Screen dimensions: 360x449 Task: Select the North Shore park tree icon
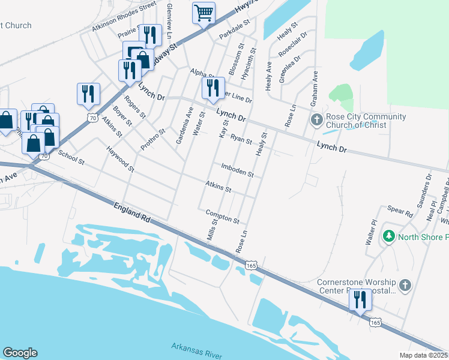pos(389,237)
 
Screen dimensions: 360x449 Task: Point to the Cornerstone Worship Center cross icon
pos(405,286)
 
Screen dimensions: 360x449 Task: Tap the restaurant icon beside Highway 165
pos(360,299)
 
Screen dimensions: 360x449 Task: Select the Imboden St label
pos(237,170)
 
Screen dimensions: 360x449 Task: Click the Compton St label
pos(222,216)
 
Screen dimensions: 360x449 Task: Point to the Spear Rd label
pos(400,212)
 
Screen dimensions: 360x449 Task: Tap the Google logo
pos(20,353)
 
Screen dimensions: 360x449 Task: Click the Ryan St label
pos(241,140)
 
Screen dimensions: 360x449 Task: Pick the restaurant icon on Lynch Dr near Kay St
pos(213,88)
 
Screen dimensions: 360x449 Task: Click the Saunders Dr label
pos(429,187)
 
